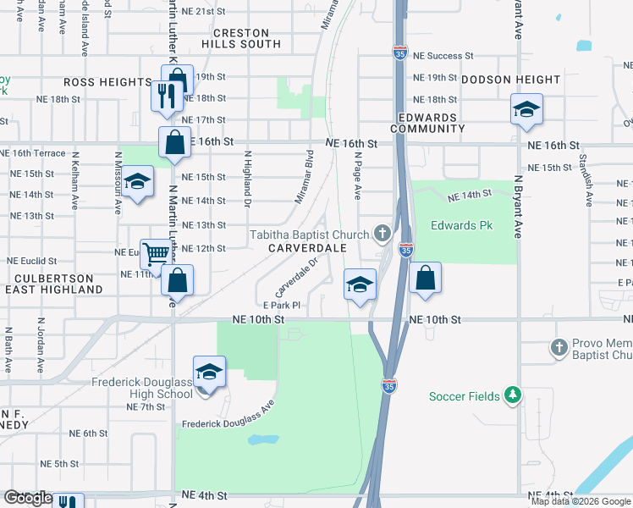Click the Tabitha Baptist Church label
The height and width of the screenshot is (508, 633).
(x=309, y=235)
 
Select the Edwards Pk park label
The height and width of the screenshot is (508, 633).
(x=461, y=226)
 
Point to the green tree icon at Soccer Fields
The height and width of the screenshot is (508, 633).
(x=511, y=395)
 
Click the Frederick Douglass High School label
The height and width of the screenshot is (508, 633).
(x=142, y=388)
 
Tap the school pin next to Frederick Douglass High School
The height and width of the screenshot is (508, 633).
(x=209, y=371)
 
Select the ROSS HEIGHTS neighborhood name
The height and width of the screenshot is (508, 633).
(x=107, y=82)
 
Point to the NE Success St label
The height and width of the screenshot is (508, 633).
(x=443, y=56)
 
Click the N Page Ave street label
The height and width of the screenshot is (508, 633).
(x=358, y=176)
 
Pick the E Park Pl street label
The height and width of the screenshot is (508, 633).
(x=282, y=305)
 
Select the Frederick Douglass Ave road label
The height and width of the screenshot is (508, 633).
(x=228, y=417)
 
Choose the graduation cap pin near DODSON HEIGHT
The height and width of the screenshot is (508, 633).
(x=526, y=109)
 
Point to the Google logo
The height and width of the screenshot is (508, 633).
(x=28, y=498)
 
